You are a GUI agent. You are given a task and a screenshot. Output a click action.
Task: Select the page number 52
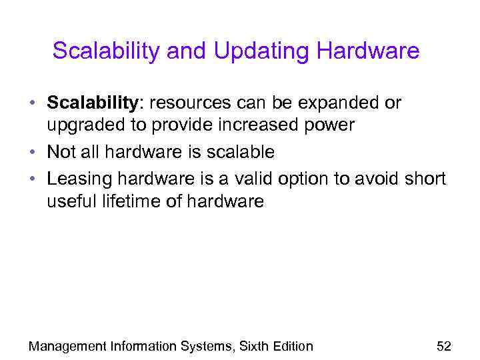click(x=443, y=345)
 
